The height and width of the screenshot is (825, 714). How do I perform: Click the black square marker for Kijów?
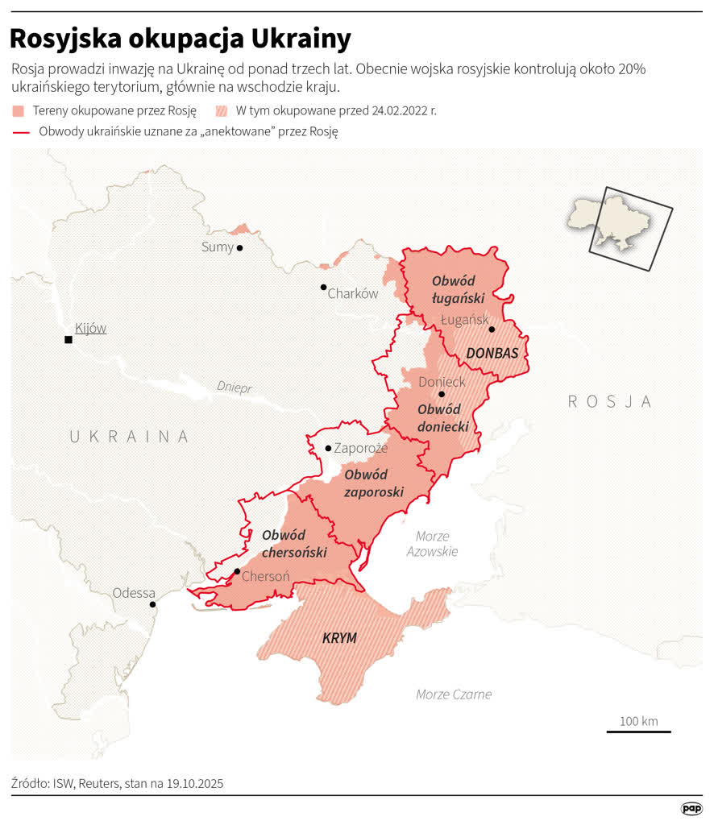(x=68, y=340)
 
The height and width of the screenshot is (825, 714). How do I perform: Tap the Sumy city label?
(x=217, y=247)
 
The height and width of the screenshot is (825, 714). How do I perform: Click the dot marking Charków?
(x=323, y=287)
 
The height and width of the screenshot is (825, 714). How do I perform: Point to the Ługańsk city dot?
(x=492, y=330)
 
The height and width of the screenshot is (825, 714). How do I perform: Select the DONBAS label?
(x=492, y=353)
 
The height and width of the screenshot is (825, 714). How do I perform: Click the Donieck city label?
(x=442, y=381)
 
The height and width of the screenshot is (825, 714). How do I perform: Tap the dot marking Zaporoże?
(x=328, y=448)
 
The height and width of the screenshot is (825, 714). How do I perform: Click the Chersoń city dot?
(x=237, y=572)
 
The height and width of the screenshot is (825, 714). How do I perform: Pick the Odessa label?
(x=134, y=593)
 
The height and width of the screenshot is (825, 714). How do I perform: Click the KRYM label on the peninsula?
(x=339, y=638)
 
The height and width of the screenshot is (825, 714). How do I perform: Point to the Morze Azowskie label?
(x=432, y=544)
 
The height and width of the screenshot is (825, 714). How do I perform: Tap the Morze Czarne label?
(x=454, y=694)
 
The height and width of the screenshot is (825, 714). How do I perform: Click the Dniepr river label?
(x=234, y=388)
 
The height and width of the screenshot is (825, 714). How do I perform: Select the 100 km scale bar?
(x=638, y=731)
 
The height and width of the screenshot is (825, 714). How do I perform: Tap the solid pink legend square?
(x=19, y=110)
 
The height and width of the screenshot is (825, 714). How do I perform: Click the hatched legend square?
(x=222, y=110)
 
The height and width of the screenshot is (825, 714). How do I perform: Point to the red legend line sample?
(x=21, y=132)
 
